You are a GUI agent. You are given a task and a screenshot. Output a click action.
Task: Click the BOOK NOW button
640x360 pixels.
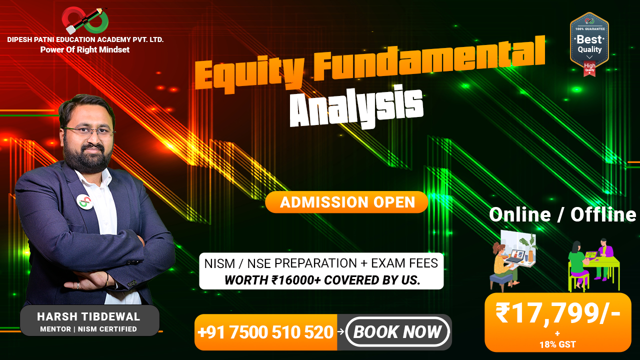click(x=397, y=332)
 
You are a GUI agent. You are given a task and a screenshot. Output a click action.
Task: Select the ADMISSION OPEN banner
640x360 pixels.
click(x=346, y=202)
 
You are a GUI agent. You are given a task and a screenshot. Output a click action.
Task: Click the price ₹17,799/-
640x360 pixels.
click(x=558, y=313)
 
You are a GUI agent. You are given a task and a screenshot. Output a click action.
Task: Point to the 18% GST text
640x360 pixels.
click(x=557, y=344)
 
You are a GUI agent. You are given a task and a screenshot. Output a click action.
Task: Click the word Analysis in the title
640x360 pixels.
click(x=356, y=107)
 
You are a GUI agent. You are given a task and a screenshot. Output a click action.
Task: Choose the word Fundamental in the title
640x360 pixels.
click(x=429, y=58)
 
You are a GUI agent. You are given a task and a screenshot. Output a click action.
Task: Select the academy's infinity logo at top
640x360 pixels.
click(x=85, y=20)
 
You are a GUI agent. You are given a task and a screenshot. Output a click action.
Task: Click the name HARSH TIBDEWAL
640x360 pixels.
click(x=88, y=316)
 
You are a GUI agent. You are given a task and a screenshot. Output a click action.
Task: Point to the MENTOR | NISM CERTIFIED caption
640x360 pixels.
click(x=88, y=329)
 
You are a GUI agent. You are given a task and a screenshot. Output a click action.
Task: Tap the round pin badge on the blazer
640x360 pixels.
click(x=84, y=201)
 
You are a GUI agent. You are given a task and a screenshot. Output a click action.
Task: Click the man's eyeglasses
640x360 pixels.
click(x=89, y=131)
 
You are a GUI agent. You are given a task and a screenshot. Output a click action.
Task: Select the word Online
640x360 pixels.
click(x=520, y=214)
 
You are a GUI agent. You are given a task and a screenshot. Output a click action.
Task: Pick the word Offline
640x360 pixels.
click(x=603, y=214)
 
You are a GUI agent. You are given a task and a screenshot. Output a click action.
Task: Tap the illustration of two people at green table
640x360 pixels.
click(x=593, y=265)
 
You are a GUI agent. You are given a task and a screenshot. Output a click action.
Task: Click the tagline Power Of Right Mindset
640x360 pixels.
click(x=85, y=49)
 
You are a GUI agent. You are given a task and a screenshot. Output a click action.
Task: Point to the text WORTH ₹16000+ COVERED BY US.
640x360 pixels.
click(x=322, y=280)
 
